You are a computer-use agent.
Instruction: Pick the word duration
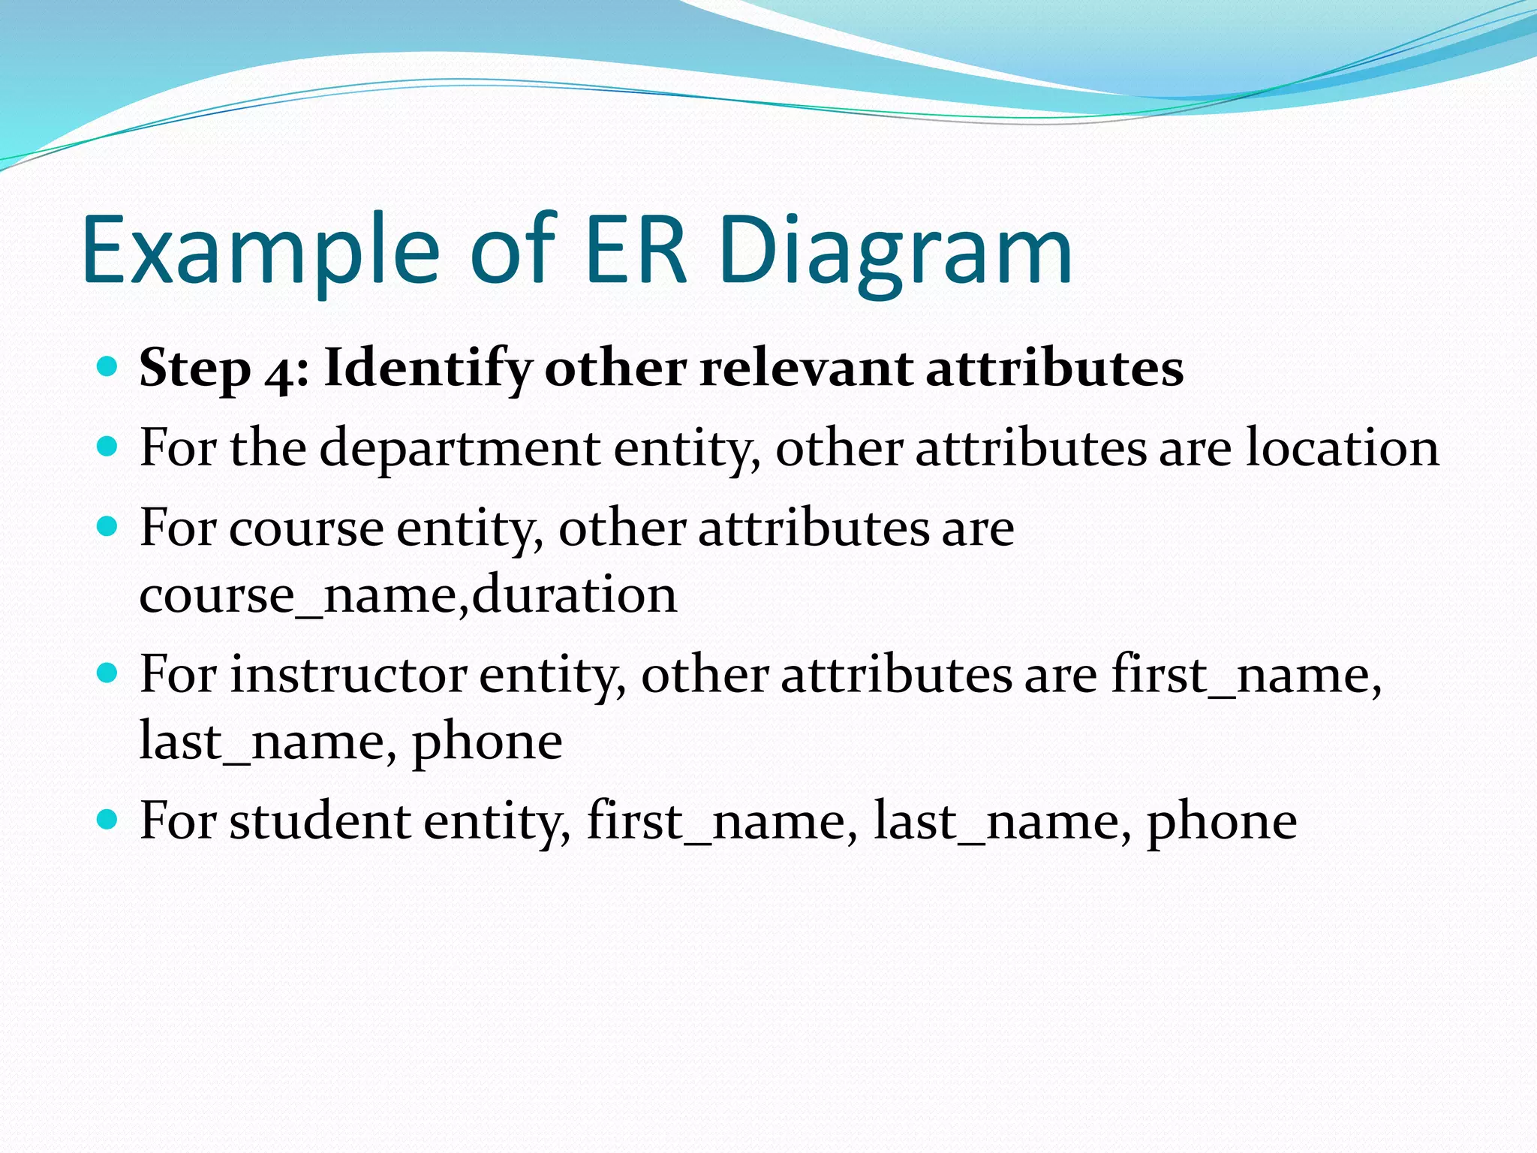pyautogui.click(x=575, y=595)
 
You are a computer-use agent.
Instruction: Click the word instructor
pyautogui.click(x=348, y=675)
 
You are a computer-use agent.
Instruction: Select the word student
pyautogui.click(x=320, y=821)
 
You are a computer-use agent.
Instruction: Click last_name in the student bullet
pyautogui.click(x=1002, y=821)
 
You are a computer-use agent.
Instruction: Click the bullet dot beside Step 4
pyautogui.click(x=108, y=366)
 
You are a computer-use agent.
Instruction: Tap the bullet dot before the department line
pyautogui.click(x=108, y=447)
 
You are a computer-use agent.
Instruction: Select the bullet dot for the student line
pyautogui.click(x=108, y=819)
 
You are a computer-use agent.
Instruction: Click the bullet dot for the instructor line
pyautogui.click(x=108, y=673)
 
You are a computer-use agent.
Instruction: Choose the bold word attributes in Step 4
pyautogui.click(x=1054, y=369)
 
